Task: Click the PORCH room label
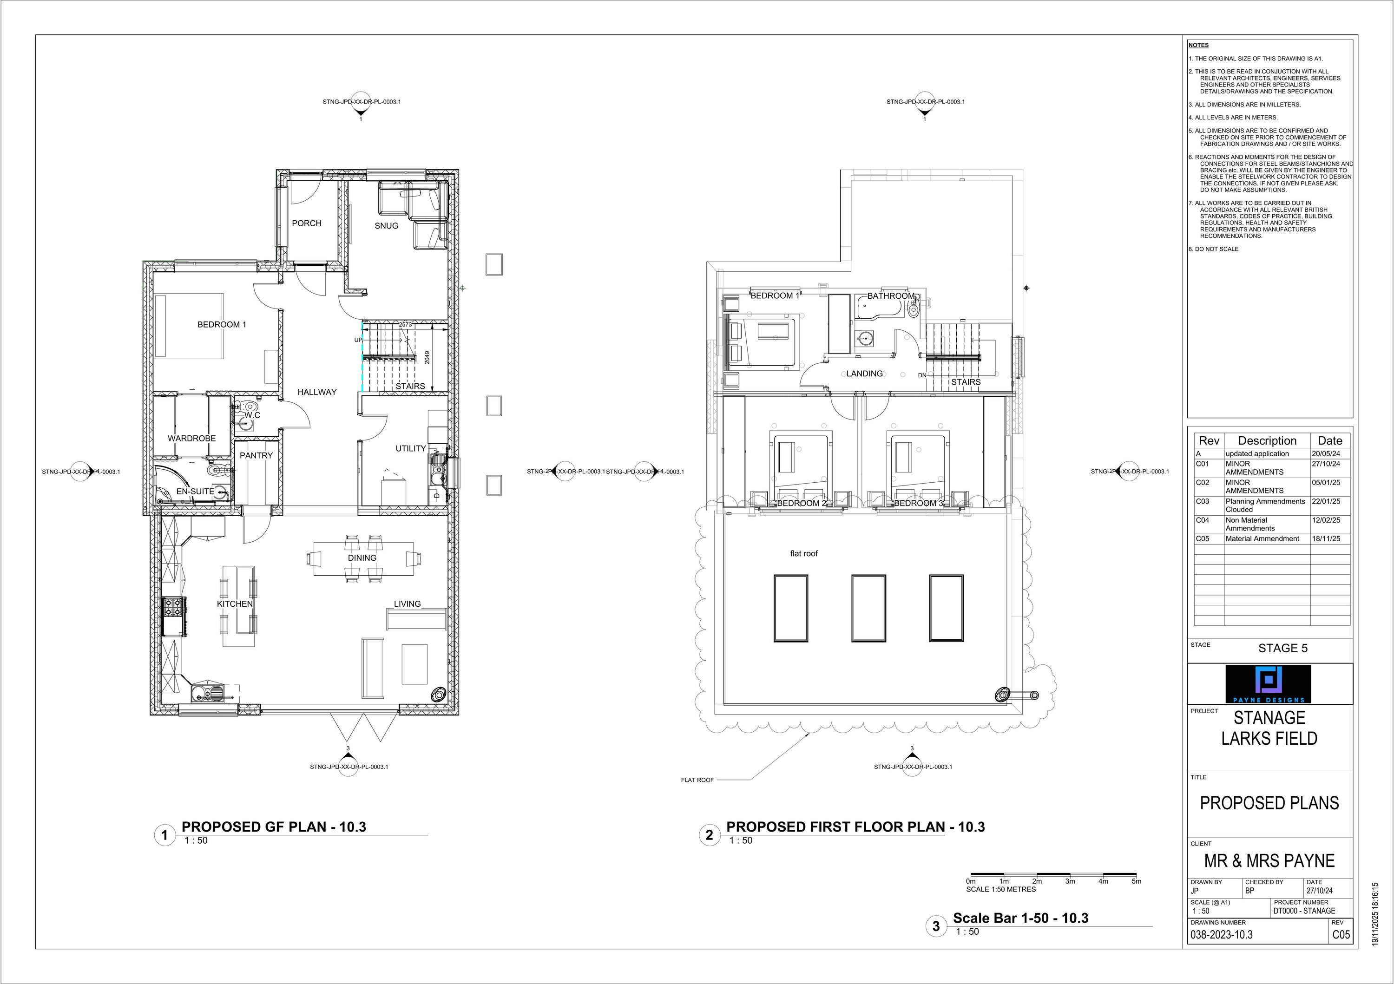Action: point(307,223)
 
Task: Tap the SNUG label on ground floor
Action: point(386,226)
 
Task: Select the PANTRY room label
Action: point(256,455)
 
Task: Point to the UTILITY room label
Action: point(410,449)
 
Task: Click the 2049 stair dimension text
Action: point(427,358)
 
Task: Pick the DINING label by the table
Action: point(362,558)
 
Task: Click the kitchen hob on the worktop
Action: point(174,607)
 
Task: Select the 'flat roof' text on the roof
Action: point(804,554)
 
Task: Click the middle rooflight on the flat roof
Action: point(868,608)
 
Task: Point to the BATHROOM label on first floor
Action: point(890,296)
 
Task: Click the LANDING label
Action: point(865,374)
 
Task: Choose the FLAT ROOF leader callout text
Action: point(697,780)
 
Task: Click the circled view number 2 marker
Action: point(709,835)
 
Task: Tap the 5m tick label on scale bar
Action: point(1137,881)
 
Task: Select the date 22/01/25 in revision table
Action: point(1326,501)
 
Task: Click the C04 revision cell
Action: point(1202,520)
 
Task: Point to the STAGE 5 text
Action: point(1282,648)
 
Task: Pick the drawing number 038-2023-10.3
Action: point(1222,935)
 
